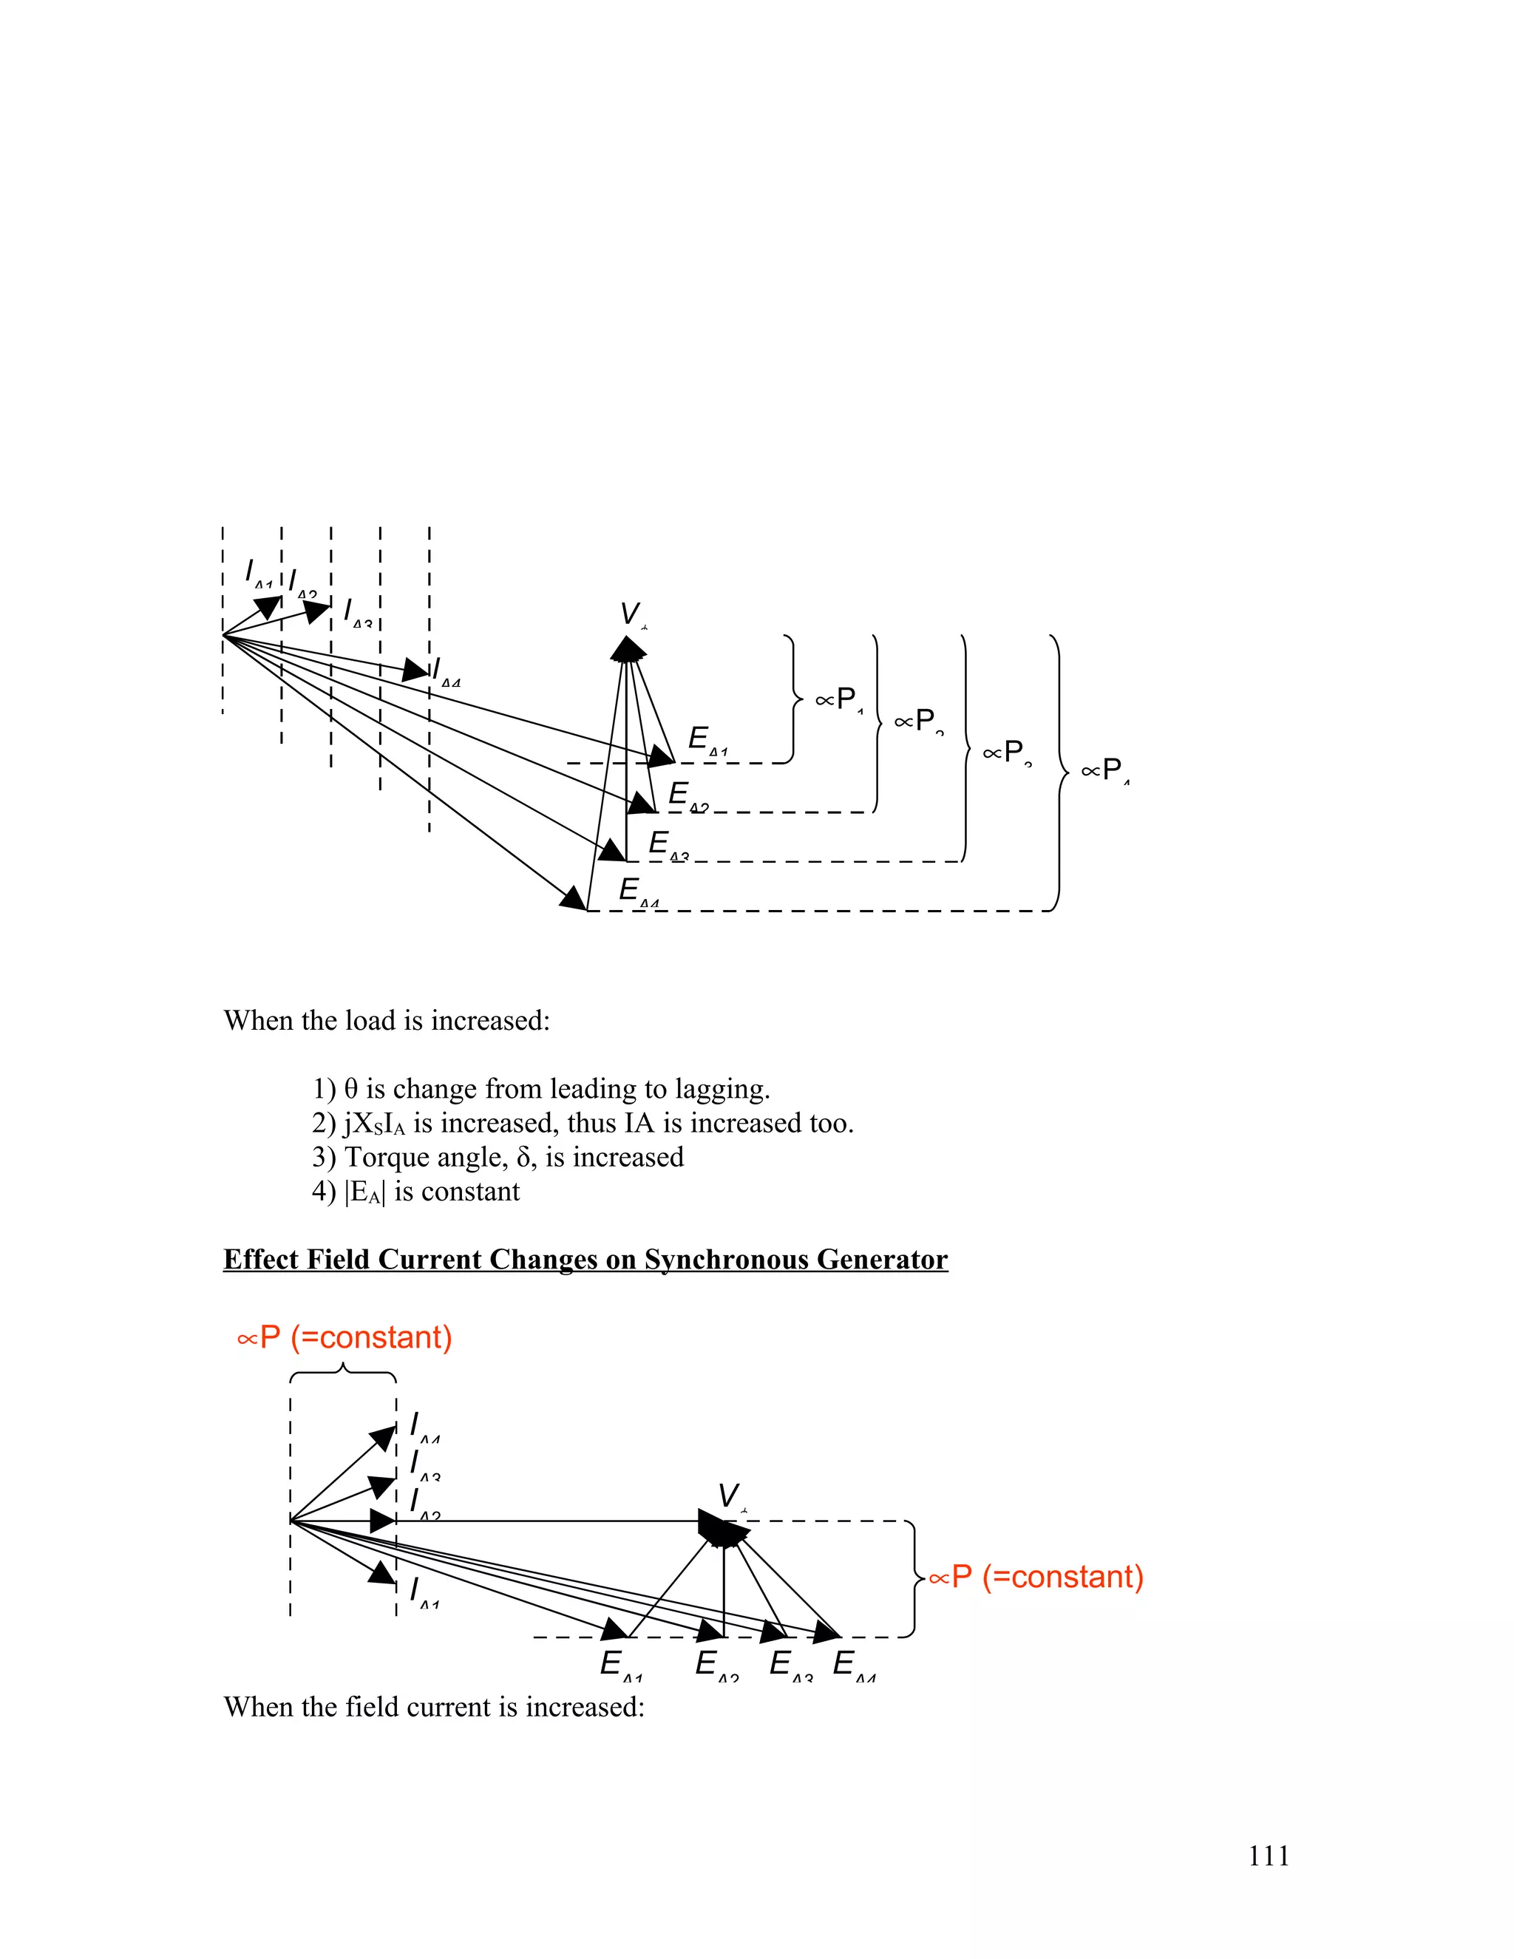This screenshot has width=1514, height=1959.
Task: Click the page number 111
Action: [1269, 1856]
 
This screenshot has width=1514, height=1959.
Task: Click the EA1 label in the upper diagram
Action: [707, 741]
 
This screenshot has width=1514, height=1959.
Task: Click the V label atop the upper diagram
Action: [632, 615]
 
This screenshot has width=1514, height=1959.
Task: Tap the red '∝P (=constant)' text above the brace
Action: [344, 1337]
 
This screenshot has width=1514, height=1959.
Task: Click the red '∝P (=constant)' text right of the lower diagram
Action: [1036, 1577]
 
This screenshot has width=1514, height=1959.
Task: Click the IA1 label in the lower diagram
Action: [424, 1592]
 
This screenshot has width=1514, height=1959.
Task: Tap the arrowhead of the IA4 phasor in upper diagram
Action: [416, 669]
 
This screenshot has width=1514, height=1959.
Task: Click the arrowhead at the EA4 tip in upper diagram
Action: [574, 898]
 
